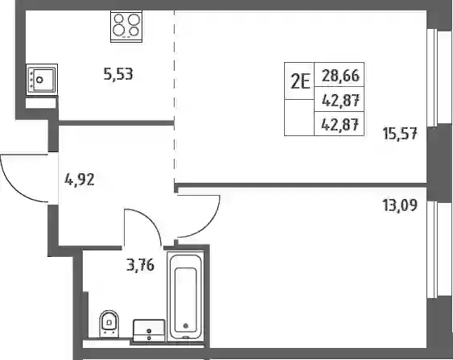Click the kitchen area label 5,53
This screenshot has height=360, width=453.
click(x=118, y=74)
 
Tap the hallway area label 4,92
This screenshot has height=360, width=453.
click(x=80, y=180)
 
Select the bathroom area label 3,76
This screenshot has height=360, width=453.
click(x=141, y=265)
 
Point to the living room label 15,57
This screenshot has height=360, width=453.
click(x=400, y=134)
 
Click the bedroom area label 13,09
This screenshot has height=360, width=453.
click(x=400, y=205)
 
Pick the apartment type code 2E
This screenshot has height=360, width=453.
click(x=300, y=82)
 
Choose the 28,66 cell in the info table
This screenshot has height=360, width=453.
click(x=340, y=76)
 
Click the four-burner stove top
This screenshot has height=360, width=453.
click(x=126, y=27)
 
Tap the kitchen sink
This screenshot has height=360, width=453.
click(x=42, y=80)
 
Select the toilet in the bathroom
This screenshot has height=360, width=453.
click(x=109, y=324)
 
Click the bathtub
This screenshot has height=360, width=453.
click(x=186, y=296)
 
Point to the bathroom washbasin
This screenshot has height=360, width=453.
click(x=149, y=330)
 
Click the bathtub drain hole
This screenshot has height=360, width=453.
click(x=186, y=325)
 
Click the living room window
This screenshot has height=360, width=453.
click(x=439, y=78)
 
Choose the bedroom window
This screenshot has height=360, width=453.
click(x=439, y=249)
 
